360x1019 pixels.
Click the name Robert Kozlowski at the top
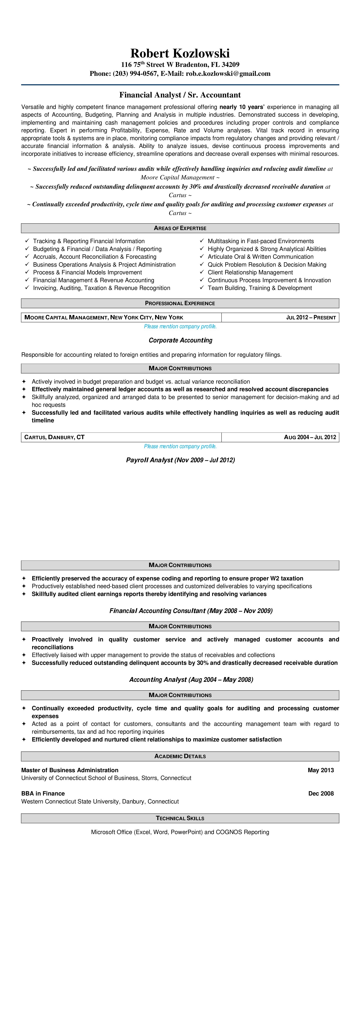(x=180, y=53)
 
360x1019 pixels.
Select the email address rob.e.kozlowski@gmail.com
(x=228, y=74)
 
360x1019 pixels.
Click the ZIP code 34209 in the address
(x=231, y=64)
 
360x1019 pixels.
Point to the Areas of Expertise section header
(x=180, y=228)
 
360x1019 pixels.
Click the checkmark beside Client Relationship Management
(x=202, y=272)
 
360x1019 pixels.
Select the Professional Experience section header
(x=180, y=303)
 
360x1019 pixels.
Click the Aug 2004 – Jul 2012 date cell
(x=310, y=437)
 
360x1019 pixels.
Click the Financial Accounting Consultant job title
(x=191, y=611)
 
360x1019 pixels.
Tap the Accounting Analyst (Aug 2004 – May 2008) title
(x=191, y=680)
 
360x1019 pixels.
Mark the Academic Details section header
(x=180, y=756)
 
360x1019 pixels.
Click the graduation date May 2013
(x=320, y=770)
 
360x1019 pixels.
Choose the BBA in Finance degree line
(x=43, y=794)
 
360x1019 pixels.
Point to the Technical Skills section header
(x=180, y=818)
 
